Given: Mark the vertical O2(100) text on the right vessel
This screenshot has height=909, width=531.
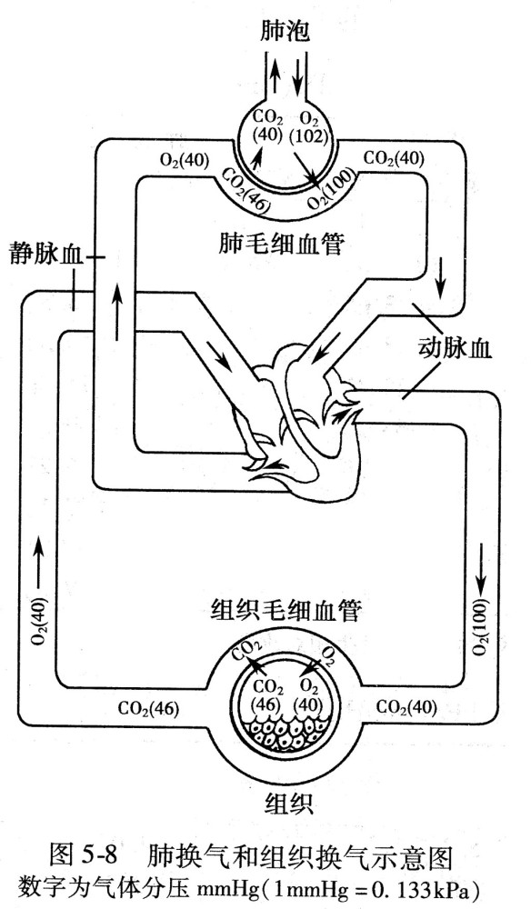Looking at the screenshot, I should tap(480, 631).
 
